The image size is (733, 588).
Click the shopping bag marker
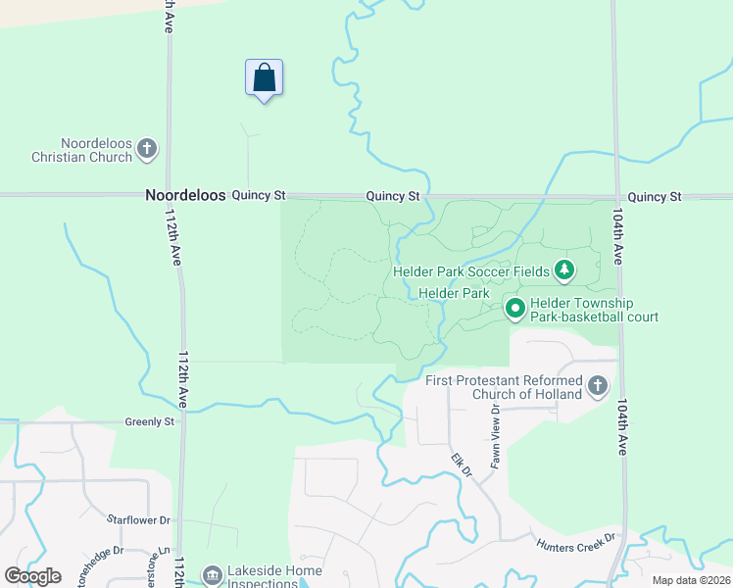[264, 77]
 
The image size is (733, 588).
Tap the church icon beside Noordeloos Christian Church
[147, 149]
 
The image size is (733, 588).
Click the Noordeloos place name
[185, 196]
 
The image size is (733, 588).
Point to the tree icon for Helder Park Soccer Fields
[563, 269]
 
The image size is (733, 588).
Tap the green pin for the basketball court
[515, 309]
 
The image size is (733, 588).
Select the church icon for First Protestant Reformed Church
[598, 386]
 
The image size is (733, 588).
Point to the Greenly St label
[149, 422]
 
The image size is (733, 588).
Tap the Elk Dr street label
[462, 465]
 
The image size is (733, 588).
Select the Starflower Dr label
[138, 519]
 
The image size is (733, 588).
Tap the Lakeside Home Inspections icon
[212, 573]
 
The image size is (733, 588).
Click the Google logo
[32, 576]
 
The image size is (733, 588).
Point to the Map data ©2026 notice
[691, 580]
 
